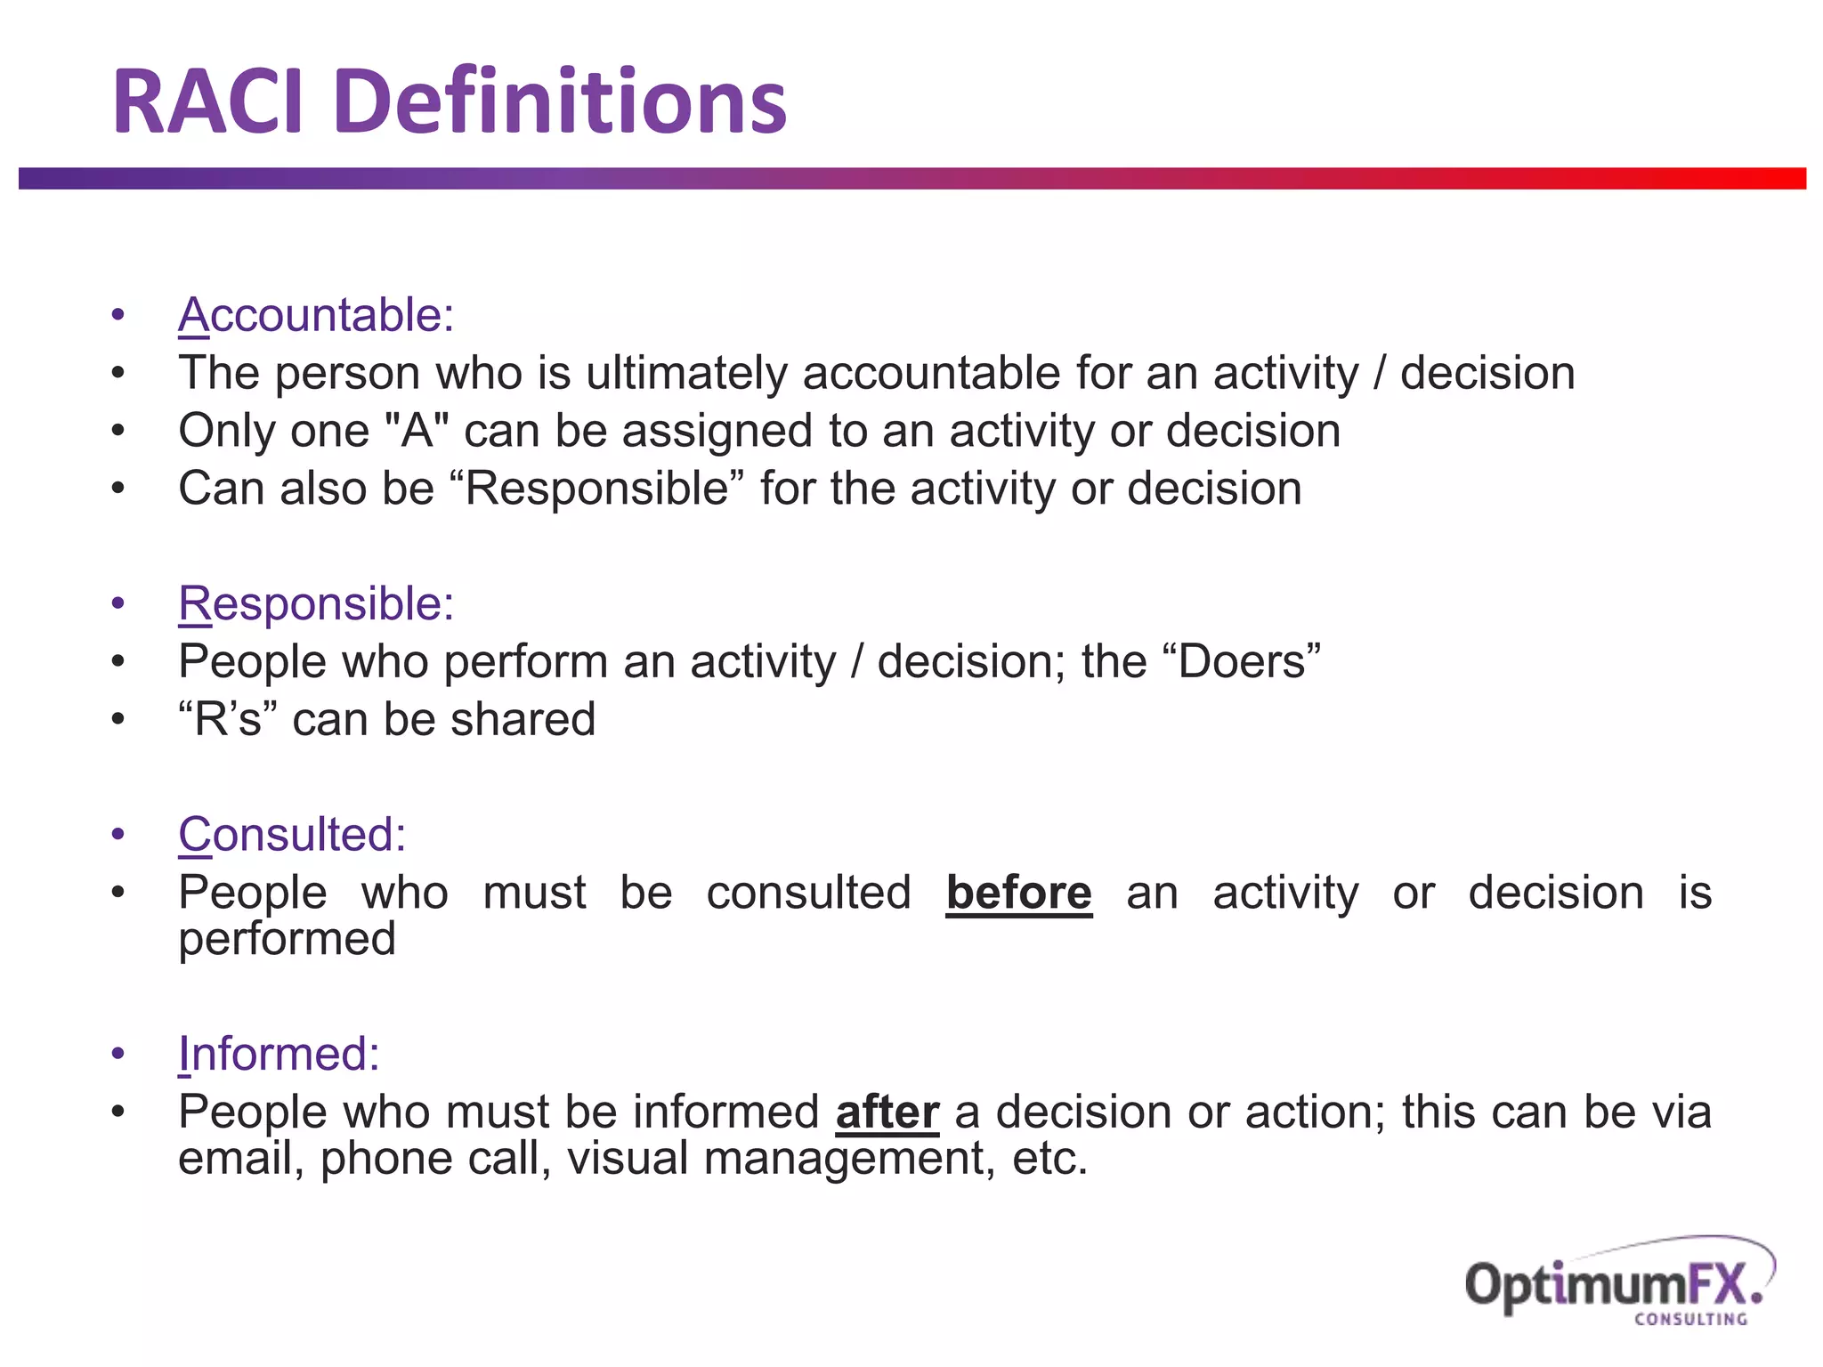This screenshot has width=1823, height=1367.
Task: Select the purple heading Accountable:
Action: click(x=316, y=315)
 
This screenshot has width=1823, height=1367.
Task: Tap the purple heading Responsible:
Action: click(x=316, y=604)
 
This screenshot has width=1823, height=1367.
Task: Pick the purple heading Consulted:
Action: click(x=292, y=835)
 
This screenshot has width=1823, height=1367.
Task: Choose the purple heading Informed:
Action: click(x=279, y=1054)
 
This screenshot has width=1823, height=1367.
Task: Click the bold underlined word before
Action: click(x=1018, y=893)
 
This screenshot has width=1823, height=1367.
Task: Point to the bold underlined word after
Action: click(x=887, y=1112)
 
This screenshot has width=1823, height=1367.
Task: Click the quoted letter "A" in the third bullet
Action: click(x=417, y=431)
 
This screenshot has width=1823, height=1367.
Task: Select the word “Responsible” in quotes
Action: click(x=597, y=489)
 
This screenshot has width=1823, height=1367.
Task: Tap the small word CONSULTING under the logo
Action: click(x=1690, y=1319)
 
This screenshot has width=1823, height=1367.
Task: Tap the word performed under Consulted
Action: click(x=287, y=940)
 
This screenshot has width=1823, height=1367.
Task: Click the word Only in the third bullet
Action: click(x=228, y=431)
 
